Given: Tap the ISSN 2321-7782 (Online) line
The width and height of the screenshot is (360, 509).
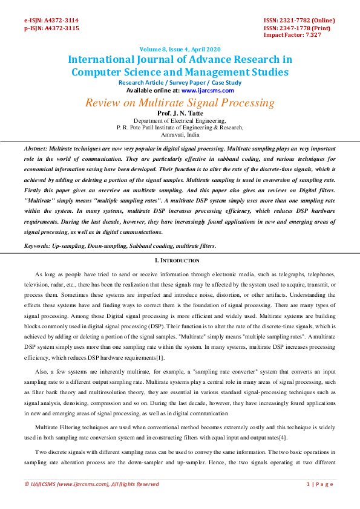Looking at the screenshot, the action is coord(299,20).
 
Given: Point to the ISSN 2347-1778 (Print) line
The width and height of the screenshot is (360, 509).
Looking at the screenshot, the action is coord(297,28).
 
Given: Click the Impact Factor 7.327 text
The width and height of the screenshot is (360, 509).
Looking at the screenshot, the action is coord(292,35).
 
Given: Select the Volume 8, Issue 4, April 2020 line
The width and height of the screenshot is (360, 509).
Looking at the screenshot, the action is coord(180,49).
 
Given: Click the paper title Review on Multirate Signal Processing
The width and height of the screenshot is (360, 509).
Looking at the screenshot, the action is coord(180,102).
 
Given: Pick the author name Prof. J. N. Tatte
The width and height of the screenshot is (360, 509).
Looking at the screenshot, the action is coord(180,114).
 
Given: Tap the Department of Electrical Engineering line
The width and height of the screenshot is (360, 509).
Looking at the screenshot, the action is coord(180,121).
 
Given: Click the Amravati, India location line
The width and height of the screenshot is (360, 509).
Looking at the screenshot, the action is coord(180,135).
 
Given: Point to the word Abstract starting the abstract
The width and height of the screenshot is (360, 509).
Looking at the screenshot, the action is coord(35,148).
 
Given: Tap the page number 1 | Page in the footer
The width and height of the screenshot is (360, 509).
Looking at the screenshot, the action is coord(321,484).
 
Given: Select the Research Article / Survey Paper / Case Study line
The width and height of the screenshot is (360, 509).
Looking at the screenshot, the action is coord(180,83).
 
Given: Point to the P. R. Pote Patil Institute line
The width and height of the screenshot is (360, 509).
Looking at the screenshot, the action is coord(180,128).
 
